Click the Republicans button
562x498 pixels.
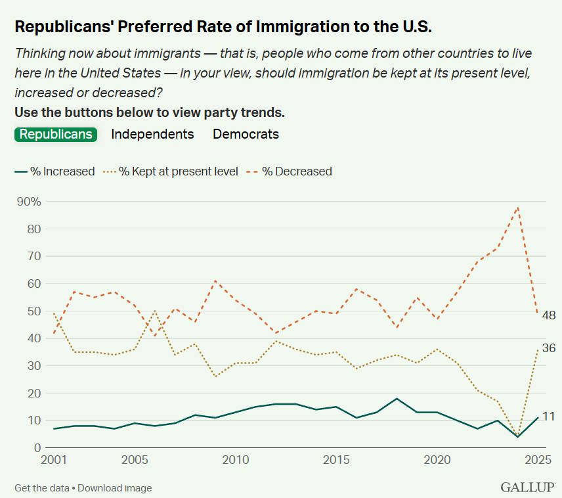point(56,134)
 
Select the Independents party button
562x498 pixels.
point(152,134)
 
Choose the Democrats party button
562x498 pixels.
point(246,134)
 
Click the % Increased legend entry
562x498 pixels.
point(54,171)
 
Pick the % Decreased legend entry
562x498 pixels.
point(290,171)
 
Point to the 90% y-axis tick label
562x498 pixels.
point(28,202)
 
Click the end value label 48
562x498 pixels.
point(549,316)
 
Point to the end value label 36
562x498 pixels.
point(549,348)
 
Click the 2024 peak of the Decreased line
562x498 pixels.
point(518,207)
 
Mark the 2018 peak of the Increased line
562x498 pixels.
point(397,399)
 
